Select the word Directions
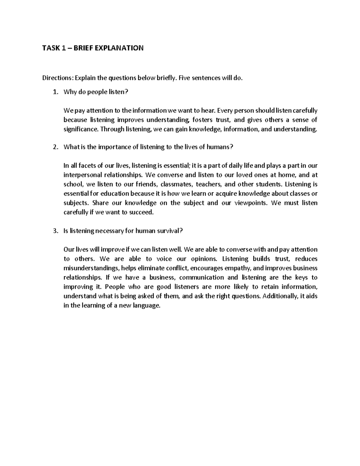[x=57, y=78]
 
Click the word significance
[x=81, y=129]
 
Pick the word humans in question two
[x=220, y=147]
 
